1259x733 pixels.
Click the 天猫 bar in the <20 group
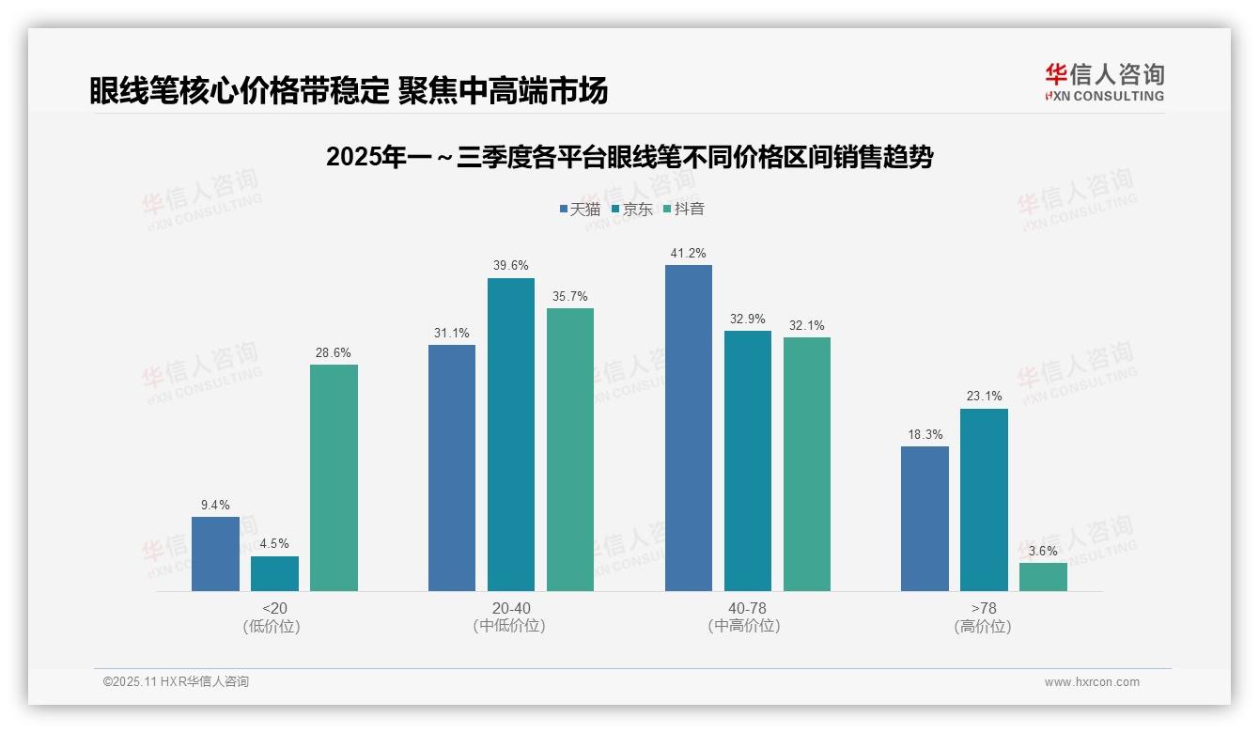pos(215,554)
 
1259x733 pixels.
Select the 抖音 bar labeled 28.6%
pos(334,477)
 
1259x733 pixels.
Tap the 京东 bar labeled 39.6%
pos(510,434)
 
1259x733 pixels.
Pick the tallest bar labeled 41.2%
pos(689,428)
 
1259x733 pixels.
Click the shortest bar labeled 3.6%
pos(1043,577)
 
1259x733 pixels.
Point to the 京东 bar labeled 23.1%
pos(984,499)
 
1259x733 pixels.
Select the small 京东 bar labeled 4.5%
pos(274,573)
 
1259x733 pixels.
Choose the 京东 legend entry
pos(631,209)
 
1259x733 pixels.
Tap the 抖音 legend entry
pos(683,209)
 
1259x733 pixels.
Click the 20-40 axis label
pos(510,609)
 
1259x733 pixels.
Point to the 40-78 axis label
pos(747,609)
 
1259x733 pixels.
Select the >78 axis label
pos(984,609)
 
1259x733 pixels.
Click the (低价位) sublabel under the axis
pos(274,627)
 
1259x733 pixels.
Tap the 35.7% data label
pos(569,297)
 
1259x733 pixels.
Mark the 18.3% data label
pos(925,435)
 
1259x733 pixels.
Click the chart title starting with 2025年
pos(629,157)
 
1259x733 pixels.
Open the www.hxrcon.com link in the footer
pos(1092,682)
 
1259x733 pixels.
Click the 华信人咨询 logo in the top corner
pos(1104,82)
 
